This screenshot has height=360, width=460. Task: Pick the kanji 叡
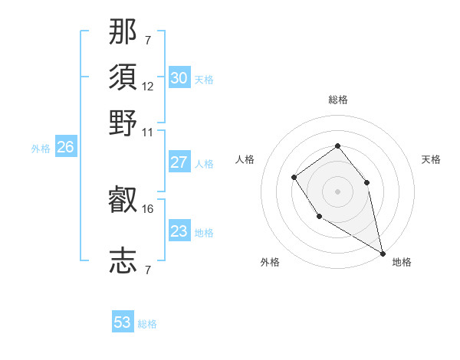coord(123,200)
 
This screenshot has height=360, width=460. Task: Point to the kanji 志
coord(123,260)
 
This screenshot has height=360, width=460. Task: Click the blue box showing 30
coord(179,77)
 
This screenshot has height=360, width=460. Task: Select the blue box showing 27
coord(179,162)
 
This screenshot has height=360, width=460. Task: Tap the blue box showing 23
coord(179,231)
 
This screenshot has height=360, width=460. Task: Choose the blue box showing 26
coord(65,148)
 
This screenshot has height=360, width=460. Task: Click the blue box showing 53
coord(123,322)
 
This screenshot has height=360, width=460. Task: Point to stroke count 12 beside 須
coord(148,86)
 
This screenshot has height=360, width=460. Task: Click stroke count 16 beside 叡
coord(148,208)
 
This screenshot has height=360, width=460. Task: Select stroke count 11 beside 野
coord(148,131)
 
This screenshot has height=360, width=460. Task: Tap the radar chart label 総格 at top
coord(337,100)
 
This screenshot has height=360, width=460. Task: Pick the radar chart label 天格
coord(431,159)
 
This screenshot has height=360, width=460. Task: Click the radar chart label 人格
coord(245,159)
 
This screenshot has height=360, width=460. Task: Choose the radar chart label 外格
coord(270,262)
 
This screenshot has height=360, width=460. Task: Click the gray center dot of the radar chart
coord(337,191)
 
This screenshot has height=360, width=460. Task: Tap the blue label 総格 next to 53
coord(147,324)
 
